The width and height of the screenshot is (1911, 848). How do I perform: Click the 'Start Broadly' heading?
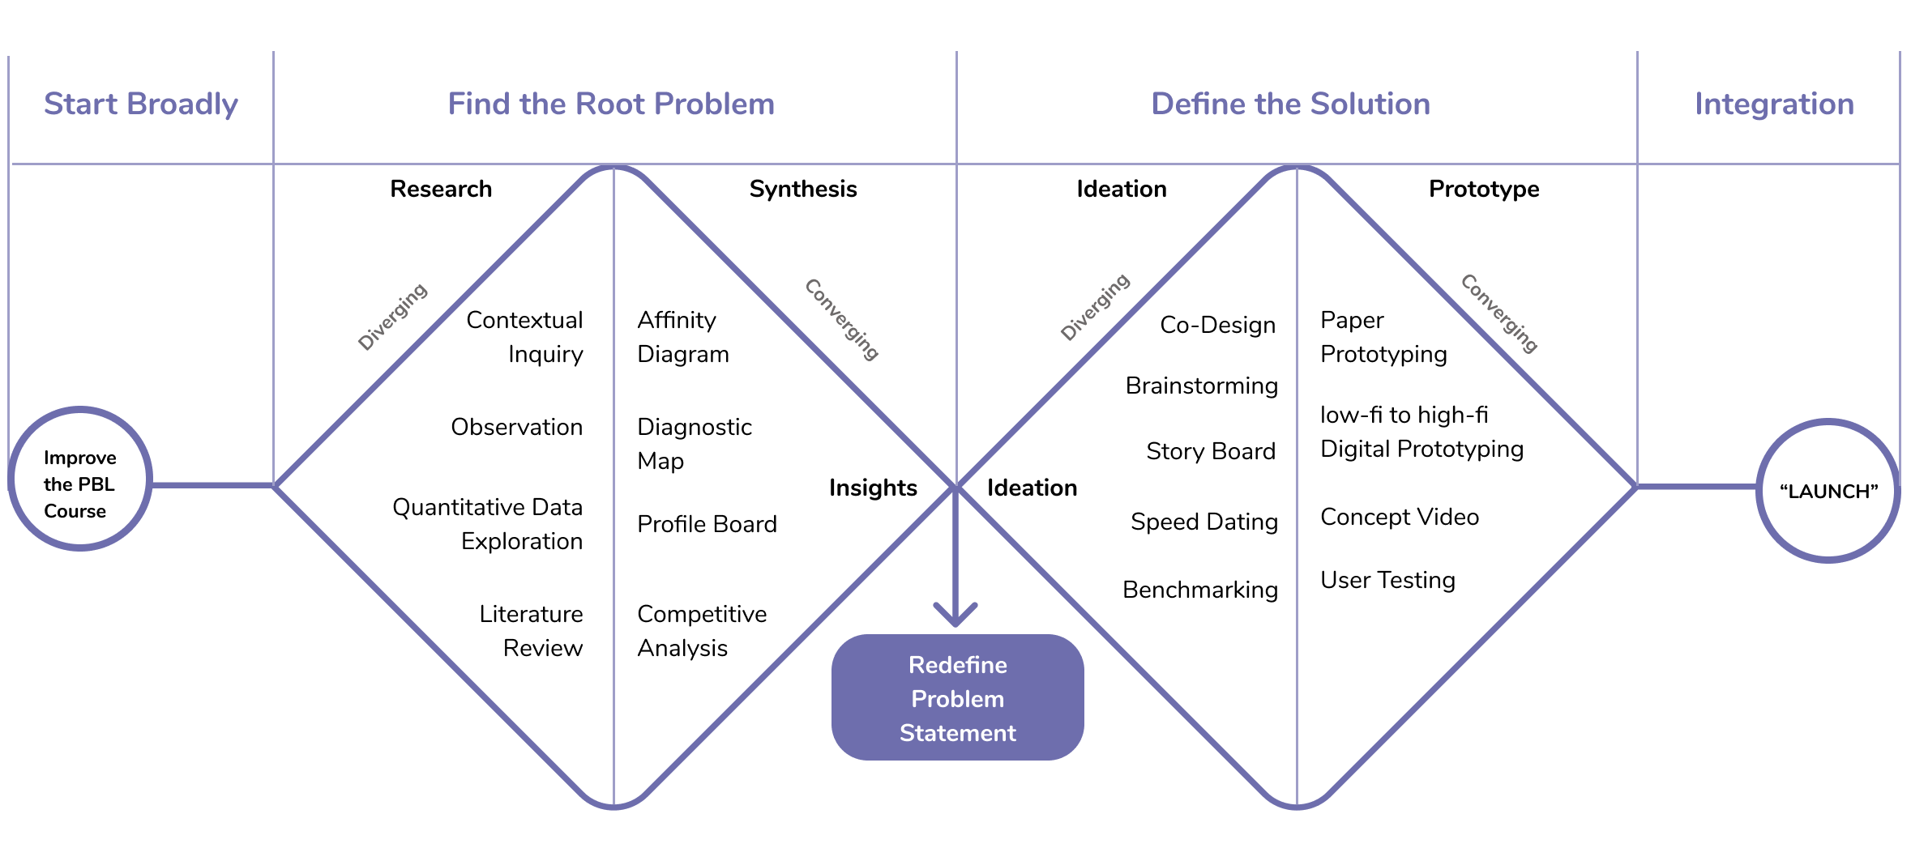click(x=140, y=104)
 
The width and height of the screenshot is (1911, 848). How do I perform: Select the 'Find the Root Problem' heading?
click(x=611, y=104)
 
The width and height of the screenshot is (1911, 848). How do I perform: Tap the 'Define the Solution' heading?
click(x=1290, y=104)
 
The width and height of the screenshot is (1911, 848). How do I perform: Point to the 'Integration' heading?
click(x=1774, y=104)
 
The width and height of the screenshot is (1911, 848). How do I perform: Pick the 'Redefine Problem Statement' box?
click(x=957, y=697)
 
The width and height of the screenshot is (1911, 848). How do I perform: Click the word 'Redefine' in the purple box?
click(x=957, y=665)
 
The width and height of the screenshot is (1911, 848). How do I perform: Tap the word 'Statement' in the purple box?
click(x=957, y=733)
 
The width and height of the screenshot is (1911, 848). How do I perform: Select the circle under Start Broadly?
click(x=80, y=479)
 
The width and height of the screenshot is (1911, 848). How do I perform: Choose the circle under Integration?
click(x=1828, y=490)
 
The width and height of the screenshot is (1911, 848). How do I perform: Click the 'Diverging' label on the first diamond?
click(x=392, y=317)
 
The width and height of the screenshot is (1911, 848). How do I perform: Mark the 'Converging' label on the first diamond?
click(x=841, y=319)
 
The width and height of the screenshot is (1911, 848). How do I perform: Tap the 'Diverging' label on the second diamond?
click(x=1095, y=307)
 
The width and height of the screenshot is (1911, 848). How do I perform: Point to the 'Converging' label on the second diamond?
click(x=1498, y=313)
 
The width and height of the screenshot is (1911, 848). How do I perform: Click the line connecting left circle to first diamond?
click(x=212, y=485)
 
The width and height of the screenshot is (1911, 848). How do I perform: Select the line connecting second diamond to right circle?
click(x=1696, y=487)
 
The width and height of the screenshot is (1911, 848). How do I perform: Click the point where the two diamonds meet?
click(x=956, y=486)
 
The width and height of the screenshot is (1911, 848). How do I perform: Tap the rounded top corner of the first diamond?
click(x=613, y=168)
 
